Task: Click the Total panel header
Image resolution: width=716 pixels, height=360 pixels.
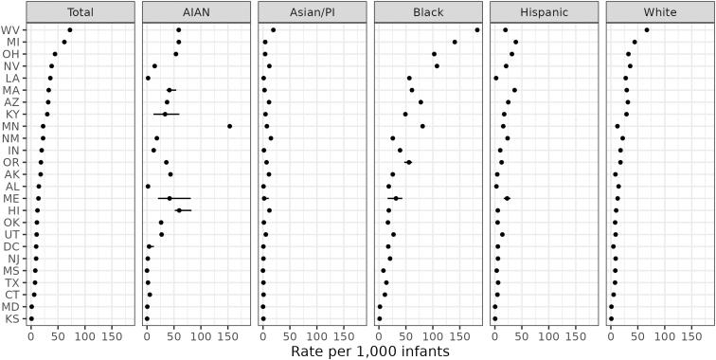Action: point(81,12)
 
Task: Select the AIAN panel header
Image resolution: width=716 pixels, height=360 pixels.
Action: point(198,12)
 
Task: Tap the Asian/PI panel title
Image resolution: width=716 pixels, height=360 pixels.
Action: point(313,12)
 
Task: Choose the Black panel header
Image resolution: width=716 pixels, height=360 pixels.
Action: point(430,12)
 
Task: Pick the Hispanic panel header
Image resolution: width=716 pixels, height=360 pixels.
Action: point(546,12)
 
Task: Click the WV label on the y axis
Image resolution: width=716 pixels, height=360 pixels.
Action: point(14,30)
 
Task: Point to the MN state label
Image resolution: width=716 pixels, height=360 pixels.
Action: point(14,126)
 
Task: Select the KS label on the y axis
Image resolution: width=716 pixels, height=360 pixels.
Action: point(14,318)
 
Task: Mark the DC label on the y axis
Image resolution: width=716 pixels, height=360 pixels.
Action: point(14,246)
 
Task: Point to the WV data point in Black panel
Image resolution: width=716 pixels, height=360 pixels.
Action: point(477,30)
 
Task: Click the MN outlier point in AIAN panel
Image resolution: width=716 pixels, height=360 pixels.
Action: point(229,126)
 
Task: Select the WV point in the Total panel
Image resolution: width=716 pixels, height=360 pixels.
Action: point(69,30)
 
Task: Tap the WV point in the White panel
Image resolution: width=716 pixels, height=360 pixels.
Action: point(647,30)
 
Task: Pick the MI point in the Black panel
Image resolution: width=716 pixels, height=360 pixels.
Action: point(455,42)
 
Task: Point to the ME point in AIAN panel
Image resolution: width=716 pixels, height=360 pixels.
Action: point(170,198)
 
